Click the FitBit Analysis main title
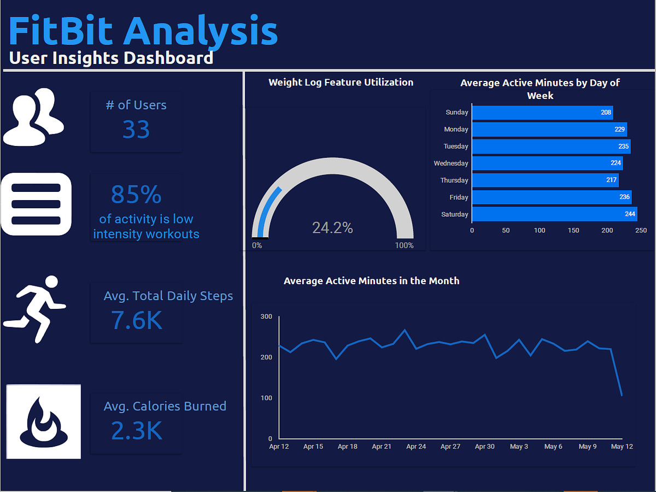pyautogui.click(x=143, y=31)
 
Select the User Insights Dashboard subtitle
pyautogui.click(x=111, y=58)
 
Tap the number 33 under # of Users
pyautogui.click(x=136, y=130)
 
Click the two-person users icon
pyautogui.click(x=34, y=117)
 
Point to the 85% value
pyautogui.click(x=136, y=194)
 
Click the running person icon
pyautogui.click(x=35, y=309)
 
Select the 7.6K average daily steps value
pyautogui.click(x=137, y=320)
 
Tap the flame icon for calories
pyautogui.click(x=44, y=421)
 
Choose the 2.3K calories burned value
pyautogui.click(x=137, y=431)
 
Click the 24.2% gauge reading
pyautogui.click(x=332, y=227)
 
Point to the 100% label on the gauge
pyautogui.click(x=404, y=245)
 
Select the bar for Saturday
pyautogui.click(x=554, y=214)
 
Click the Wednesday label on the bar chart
pyautogui.click(x=451, y=163)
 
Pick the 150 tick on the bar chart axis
pyautogui.click(x=573, y=230)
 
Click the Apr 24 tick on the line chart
pyautogui.click(x=416, y=447)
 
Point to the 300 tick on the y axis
pyautogui.click(x=266, y=317)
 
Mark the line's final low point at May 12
pyautogui.click(x=622, y=395)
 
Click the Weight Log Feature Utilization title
pyautogui.click(x=341, y=83)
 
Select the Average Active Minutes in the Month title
pyautogui.click(x=371, y=281)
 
